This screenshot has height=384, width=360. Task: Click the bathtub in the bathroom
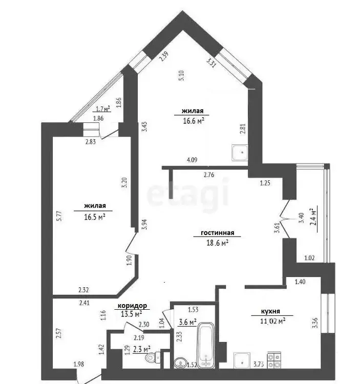pos(206,345)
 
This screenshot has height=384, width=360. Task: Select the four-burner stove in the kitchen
pos(274,360)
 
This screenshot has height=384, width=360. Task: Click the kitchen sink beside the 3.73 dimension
pos(242,360)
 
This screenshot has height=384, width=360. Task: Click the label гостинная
pos(217,232)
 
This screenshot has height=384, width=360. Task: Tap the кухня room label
pos(270,311)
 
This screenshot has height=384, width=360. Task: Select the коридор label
pos(132,306)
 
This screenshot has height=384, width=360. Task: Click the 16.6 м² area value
pos(194,121)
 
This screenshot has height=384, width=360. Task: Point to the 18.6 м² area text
pos(218,243)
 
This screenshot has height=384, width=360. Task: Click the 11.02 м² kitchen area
pos(272,321)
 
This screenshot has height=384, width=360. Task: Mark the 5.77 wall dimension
pos(59,216)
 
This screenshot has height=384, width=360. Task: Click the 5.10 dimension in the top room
pos(181,75)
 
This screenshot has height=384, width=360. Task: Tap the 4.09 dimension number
pos(192,160)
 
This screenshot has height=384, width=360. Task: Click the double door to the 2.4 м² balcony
pos(285,219)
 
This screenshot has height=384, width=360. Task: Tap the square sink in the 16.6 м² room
pos(240,153)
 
